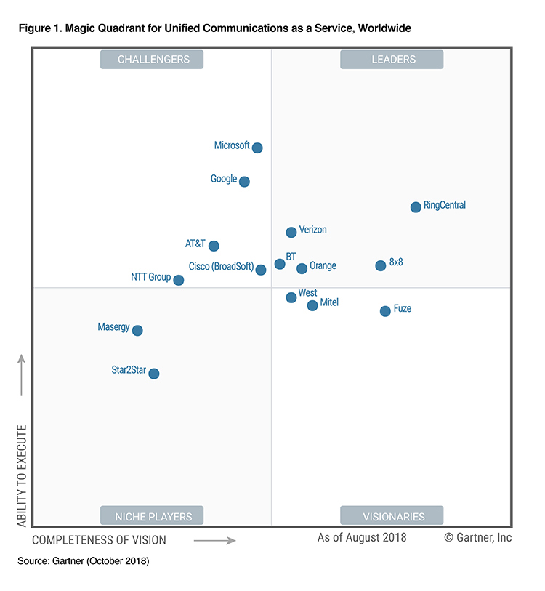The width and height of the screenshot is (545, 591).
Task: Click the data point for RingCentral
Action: [416, 207]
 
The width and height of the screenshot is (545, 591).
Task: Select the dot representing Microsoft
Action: [257, 148]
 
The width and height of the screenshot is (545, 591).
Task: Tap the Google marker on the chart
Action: [245, 182]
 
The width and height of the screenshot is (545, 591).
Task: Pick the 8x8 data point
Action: [381, 266]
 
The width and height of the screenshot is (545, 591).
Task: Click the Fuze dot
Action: [385, 311]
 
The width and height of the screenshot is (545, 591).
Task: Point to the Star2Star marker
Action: [154, 374]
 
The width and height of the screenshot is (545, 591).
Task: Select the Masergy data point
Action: [137, 331]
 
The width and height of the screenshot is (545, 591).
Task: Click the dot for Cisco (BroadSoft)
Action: [261, 270]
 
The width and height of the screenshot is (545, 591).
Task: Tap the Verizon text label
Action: [312, 230]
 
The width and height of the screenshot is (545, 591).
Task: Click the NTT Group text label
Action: [150, 277]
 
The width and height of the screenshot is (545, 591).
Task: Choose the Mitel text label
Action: [329, 302]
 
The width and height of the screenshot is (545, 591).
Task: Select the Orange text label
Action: [323, 266]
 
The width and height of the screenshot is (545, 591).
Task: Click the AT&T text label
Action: [195, 244]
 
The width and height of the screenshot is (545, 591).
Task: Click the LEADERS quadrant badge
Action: [392, 60]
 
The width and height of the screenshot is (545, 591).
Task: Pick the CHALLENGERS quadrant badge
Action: [153, 60]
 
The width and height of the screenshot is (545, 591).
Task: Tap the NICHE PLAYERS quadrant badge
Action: [153, 517]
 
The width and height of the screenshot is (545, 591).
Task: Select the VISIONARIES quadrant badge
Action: [392, 517]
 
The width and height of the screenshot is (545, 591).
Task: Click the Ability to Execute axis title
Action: [22, 475]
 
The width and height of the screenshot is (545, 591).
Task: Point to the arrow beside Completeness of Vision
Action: [215, 540]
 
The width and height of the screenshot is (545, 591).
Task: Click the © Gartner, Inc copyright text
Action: [477, 538]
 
